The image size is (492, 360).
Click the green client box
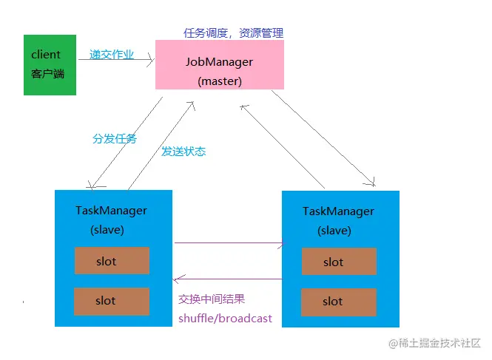click(50, 64)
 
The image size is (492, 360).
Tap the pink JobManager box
click(220, 65)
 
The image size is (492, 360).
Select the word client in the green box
click(46, 55)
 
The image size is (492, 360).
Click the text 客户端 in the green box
click(48, 74)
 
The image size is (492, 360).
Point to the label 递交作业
click(112, 54)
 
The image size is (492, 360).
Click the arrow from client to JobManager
click(115, 61)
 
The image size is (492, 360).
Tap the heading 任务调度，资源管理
click(233, 33)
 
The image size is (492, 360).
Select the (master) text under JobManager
click(220, 81)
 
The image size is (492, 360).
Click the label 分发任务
click(114, 138)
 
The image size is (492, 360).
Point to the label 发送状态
click(183, 151)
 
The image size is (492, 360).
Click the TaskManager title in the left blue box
click(111, 210)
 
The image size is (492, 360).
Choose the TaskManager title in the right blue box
click(338, 211)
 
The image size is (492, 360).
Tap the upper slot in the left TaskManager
click(112, 261)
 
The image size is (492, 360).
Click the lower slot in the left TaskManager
click(112, 301)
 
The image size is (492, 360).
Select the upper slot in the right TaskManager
click(339, 262)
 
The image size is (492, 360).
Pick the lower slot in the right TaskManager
click(339, 302)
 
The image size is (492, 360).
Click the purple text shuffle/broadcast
click(225, 318)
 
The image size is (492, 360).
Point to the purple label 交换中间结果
click(212, 299)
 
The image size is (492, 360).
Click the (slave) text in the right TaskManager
click(334, 231)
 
